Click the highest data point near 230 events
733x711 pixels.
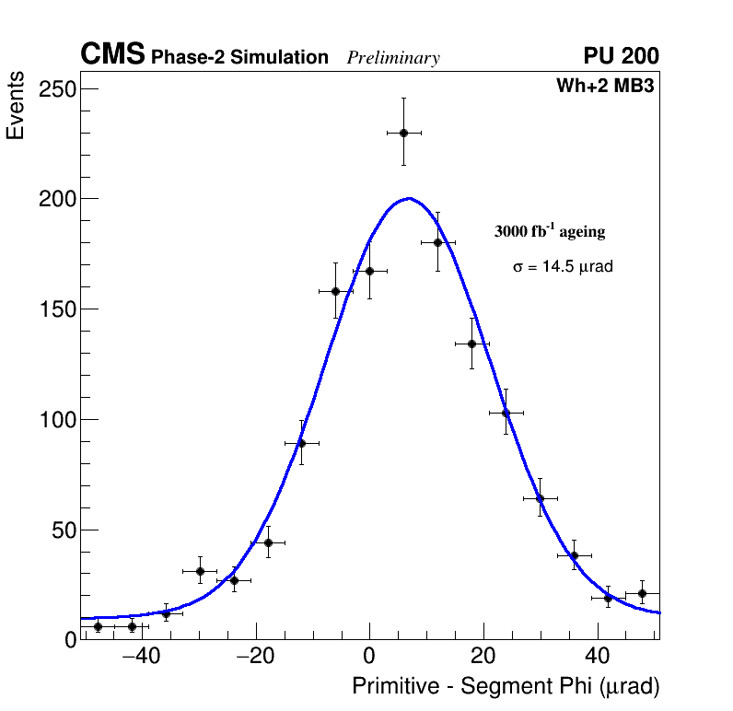point(403,133)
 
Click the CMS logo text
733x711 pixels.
point(112,55)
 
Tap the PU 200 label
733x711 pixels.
point(621,56)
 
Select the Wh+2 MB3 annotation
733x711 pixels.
point(605,87)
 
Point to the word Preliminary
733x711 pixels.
point(393,58)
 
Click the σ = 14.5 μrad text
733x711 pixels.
point(563,267)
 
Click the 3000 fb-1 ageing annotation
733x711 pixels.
point(550,231)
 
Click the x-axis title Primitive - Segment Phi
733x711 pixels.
point(506,687)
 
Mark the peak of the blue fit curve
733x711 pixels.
point(409,198)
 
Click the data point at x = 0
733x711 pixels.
point(369,271)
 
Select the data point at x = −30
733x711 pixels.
point(200,571)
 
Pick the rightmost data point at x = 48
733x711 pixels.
point(642,593)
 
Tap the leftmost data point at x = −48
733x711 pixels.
point(98,626)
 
